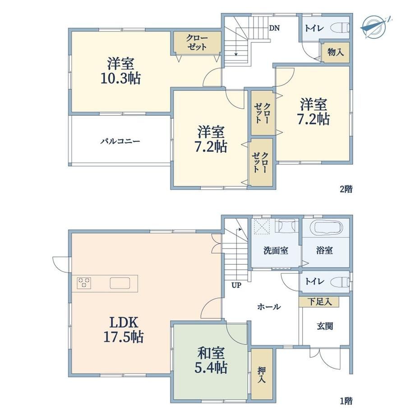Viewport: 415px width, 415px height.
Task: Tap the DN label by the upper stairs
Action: [x=274, y=28]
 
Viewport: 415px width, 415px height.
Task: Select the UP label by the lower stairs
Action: [x=236, y=285]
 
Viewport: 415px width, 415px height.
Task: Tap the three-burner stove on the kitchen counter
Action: [x=84, y=283]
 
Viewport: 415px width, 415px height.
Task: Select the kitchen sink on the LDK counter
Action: [x=120, y=283]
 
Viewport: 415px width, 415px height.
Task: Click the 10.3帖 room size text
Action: [x=121, y=78]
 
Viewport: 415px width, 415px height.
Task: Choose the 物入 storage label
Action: [x=336, y=52]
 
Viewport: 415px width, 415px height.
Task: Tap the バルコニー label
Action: [x=120, y=141]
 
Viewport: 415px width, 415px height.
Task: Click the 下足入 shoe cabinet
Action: [x=319, y=302]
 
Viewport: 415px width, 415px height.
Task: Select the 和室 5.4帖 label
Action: [x=211, y=360]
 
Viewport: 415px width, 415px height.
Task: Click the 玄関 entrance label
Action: [x=325, y=326]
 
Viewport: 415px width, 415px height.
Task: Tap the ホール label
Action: [x=269, y=307]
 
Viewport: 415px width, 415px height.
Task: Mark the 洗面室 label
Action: [x=276, y=250]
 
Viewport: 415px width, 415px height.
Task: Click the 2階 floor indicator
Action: [x=346, y=189]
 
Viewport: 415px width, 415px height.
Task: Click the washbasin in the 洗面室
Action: [x=287, y=226]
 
